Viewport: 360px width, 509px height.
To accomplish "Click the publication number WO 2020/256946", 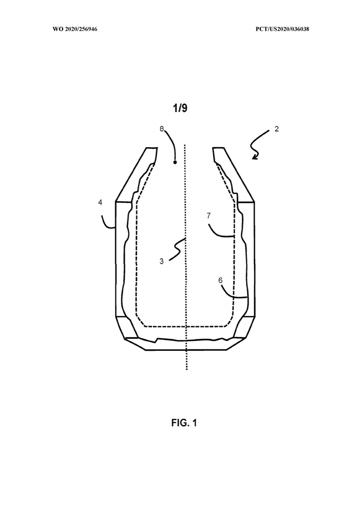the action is (75, 29).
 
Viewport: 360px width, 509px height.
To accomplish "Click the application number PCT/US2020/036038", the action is (282, 29).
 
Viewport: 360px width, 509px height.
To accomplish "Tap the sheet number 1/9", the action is (180, 108).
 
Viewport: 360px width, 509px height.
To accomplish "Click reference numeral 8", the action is (162, 129).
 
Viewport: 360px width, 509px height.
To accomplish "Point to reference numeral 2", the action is (276, 129).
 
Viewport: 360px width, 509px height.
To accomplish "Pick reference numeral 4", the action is (100, 202).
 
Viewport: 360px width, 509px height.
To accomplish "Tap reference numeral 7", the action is (209, 215).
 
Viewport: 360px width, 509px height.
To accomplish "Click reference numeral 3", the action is (161, 261).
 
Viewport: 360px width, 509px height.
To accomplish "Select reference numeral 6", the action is (220, 280).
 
